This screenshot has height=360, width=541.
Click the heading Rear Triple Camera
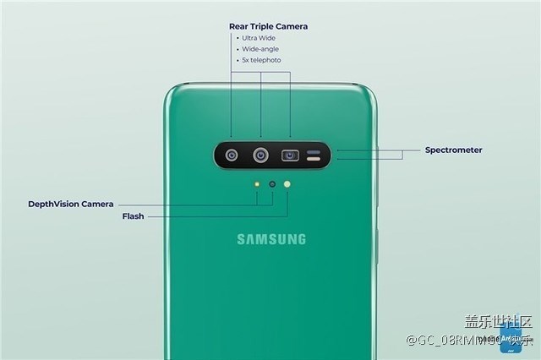268,26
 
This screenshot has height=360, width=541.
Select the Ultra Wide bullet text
258,38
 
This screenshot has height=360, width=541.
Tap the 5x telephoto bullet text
260,60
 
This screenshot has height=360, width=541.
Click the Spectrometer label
453,150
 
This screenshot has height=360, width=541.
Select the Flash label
134,216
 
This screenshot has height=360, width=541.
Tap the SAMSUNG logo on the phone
271,239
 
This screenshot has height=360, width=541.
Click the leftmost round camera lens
232,155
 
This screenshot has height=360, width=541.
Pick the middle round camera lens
261,155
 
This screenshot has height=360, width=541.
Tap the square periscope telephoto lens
291,155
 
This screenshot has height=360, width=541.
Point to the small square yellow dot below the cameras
257,183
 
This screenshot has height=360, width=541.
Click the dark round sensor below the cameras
272,183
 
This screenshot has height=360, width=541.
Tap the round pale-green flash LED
288,183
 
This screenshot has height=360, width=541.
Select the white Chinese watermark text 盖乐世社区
500,320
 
